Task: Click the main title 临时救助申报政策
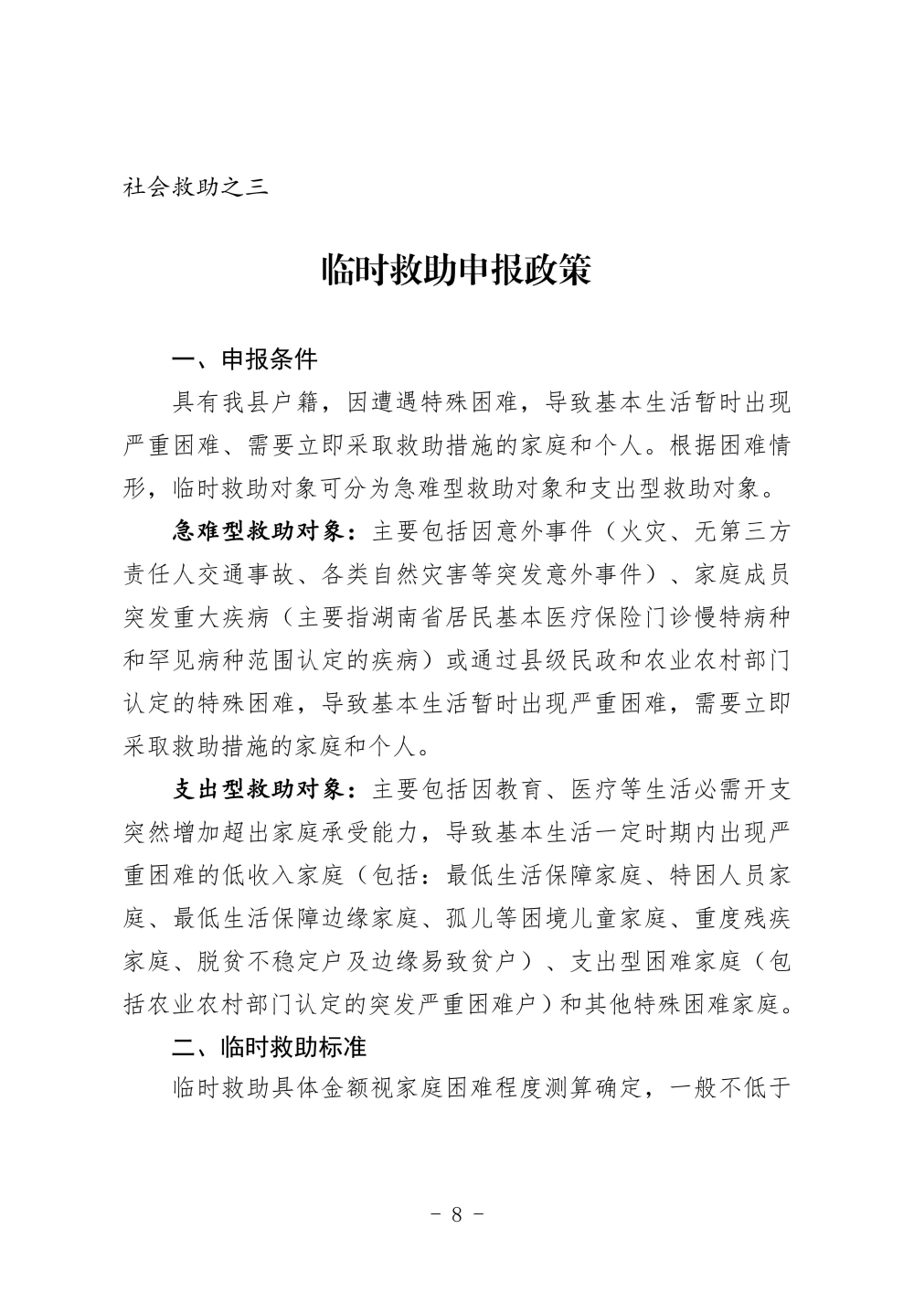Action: tap(456, 270)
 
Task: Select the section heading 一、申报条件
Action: tap(245, 359)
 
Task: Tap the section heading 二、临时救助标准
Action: tap(270, 1046)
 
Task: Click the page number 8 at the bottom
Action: tap(456, 1214)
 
